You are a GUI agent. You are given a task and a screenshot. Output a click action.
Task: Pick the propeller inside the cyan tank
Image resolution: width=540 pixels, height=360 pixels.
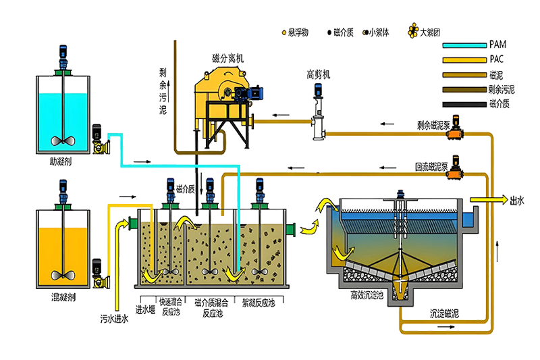65,141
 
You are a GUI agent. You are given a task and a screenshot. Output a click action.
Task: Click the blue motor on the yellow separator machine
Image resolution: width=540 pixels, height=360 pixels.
240,95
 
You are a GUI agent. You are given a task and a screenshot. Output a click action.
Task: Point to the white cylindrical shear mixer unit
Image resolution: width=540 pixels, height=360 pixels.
316,126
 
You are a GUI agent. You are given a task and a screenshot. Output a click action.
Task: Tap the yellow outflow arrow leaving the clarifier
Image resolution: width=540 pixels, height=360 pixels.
485,200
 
